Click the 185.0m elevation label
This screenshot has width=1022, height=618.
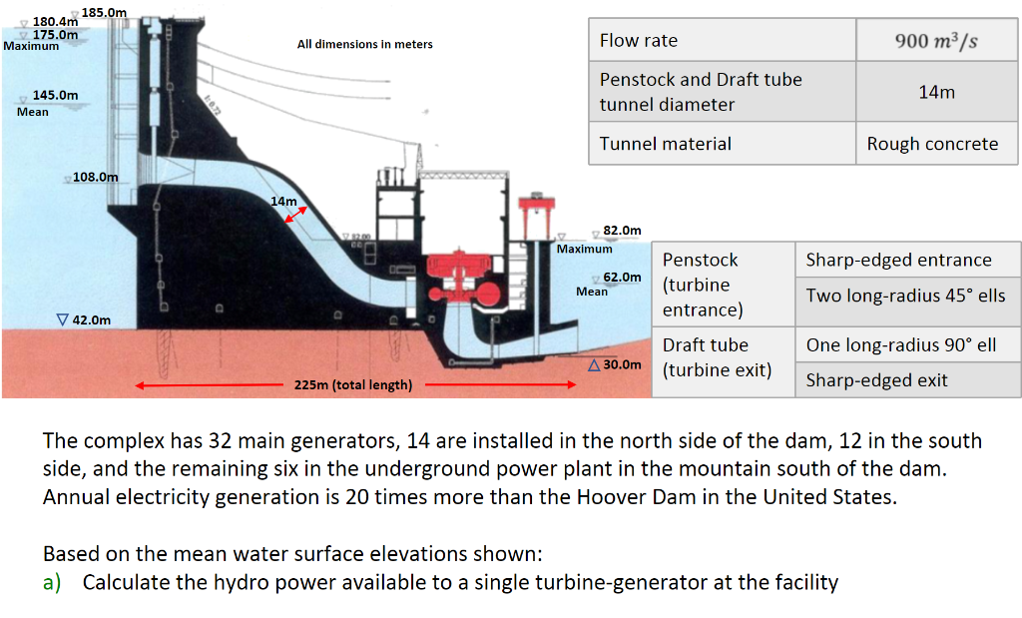click(104, 12)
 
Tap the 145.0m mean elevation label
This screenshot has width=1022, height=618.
click(56, 95)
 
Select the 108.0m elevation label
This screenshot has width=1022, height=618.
click(95, 177)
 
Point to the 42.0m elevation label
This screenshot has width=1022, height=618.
click(91, 320)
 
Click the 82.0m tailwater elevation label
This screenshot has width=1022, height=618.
click(622, 230)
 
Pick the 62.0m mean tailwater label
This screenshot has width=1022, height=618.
click(622, 278)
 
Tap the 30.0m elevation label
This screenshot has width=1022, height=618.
click(622, 364)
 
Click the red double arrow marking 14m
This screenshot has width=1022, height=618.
click(295, 215)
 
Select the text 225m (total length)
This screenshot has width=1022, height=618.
click(353, 384)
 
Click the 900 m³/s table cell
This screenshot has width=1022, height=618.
click(936, 40)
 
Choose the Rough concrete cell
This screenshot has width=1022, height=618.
click(936, 144)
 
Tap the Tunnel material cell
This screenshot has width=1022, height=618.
click(723, 144)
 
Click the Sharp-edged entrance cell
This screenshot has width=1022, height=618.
click(907, 260)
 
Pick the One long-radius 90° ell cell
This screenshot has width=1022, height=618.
click(907, 344)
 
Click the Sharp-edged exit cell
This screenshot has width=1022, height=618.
click(907, 380)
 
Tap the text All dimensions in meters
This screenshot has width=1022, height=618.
click(365, 44)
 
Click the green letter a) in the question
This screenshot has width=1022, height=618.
click(52, 582)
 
